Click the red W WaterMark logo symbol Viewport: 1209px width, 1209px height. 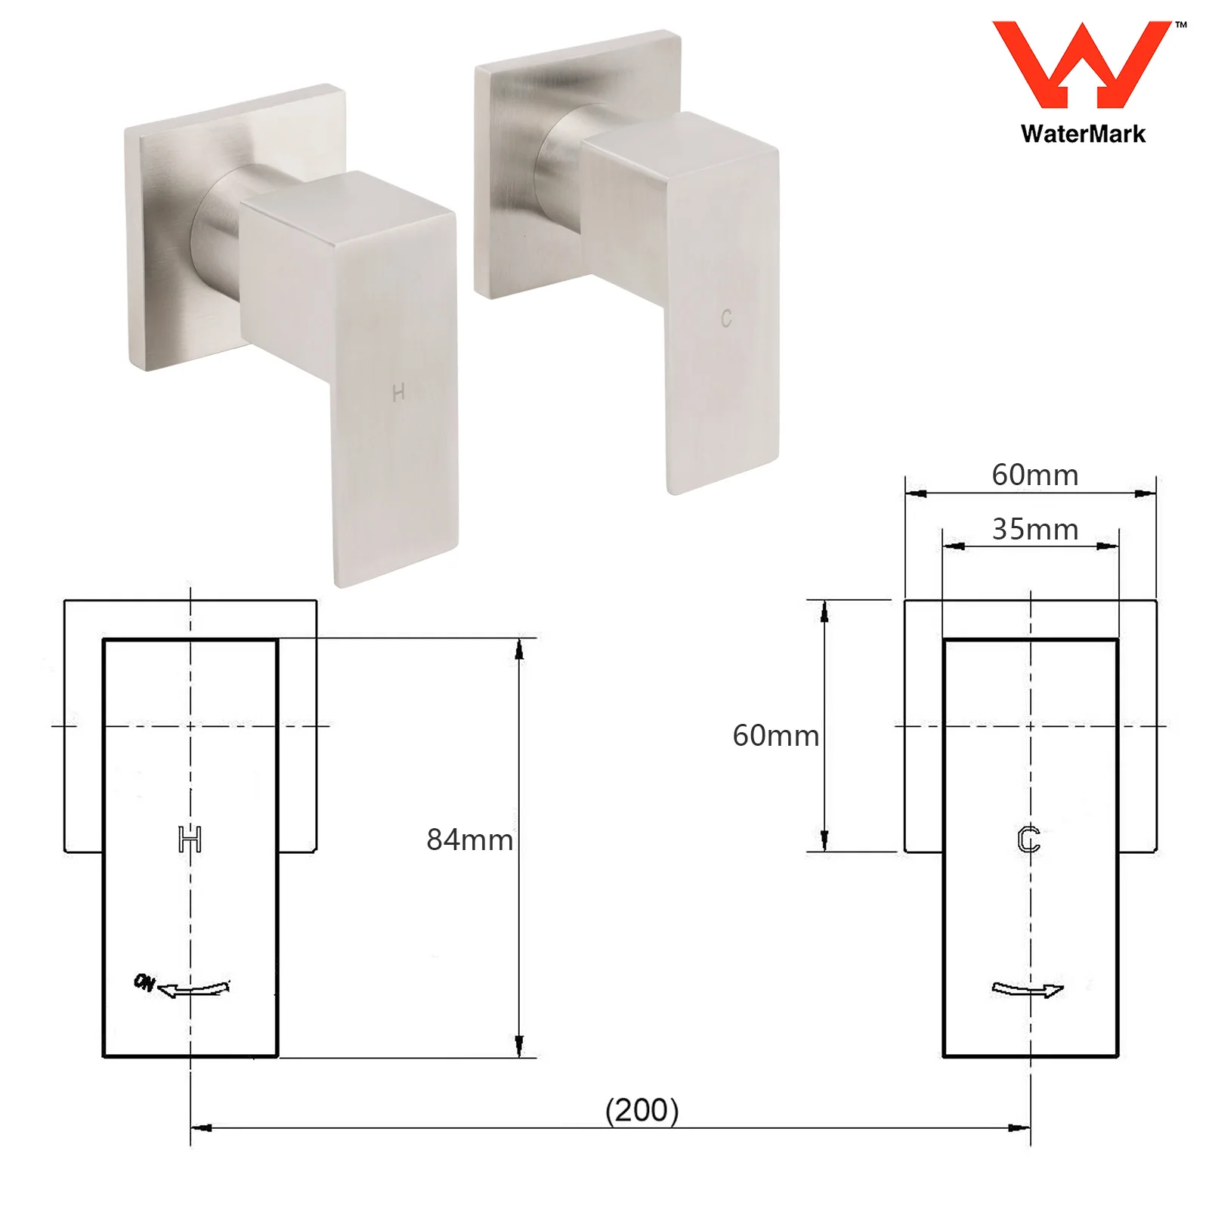point(1081,65)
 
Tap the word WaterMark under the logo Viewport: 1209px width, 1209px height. point(1083,134)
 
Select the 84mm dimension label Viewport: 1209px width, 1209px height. point(469,839)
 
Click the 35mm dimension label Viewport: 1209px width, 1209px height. point(1034,529)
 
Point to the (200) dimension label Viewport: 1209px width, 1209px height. point(642,1110)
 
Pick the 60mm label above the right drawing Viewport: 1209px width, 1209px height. point(1034,475)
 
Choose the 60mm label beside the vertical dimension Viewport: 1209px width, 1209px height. point(775,735)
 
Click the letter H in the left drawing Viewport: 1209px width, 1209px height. point(190,839)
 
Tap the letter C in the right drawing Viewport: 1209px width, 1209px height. point(1029,839)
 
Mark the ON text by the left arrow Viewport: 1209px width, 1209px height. point(144,982)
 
